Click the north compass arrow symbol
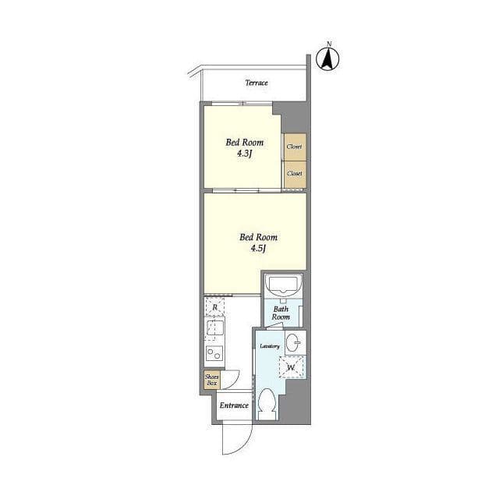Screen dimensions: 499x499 click(327, 59)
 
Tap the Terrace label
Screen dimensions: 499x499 click(257, 83)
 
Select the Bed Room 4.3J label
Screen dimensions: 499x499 click(244, 148)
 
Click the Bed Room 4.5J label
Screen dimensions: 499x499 click(258, 242)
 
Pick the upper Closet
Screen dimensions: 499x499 click(295, 147)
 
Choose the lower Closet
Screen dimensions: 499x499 click(295, 174)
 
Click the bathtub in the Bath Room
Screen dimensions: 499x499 click(283, 285)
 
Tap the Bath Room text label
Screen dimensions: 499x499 click(281, 313)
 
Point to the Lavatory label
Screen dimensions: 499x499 click(270, 346)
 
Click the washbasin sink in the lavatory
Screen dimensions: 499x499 click(293, 343)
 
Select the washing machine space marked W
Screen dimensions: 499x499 click(291, 367)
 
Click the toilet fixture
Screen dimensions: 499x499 click(267, 404)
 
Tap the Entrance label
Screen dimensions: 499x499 click(234, 405)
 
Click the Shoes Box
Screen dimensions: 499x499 click(212, 380)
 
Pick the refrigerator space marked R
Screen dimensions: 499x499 click(215, 306)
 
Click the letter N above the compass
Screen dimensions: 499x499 click(329, 44)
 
